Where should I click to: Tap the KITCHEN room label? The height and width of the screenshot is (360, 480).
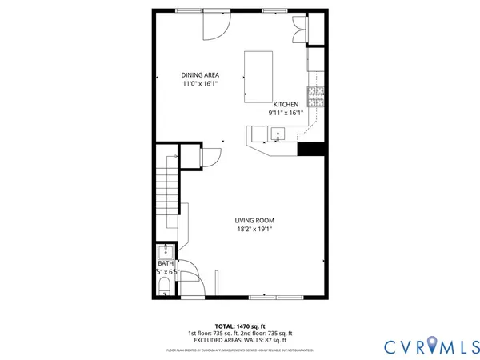coord(286,105)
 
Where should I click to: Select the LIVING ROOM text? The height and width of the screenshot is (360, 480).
coord(254,221)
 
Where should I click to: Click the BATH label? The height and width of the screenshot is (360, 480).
coord(166,263)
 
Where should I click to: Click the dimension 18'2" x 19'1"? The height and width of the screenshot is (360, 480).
coord(254,230)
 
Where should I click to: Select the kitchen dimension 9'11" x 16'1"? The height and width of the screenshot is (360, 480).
coord(286,114)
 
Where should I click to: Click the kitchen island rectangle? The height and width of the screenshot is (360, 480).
coord(258,77)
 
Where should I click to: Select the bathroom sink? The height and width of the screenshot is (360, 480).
coord(166,252)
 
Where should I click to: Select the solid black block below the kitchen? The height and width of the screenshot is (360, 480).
coord(310,149)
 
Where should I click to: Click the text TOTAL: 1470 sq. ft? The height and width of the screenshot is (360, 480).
coord(240,326)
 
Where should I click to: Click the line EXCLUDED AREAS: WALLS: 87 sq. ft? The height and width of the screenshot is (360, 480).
coord(240,339)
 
